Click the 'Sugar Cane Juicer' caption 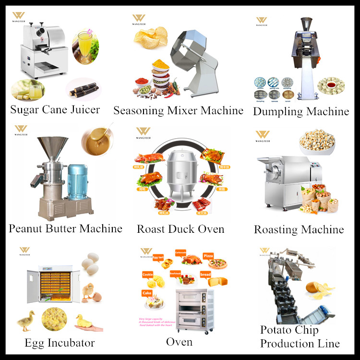pyautogui.click(x=55, y=109)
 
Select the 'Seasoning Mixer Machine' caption pyautogui.click(x=178, y=110)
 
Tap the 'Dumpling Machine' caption pyautogui.click(x=300, y=111)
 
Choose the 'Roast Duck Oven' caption pyautogui.click(x=180, y=228)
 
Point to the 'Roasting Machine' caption pyautogui.click(x=299, y=229)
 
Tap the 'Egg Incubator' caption pyautogui.click(x=60, y=343)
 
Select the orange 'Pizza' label pyautogui.click(x=208, y=256)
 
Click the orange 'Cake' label pyautogui.click(x=147, y=293)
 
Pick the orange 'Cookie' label pyautogui.click(x=148, y=274)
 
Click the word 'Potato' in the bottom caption pyautogui.click(x=276, y=330)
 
